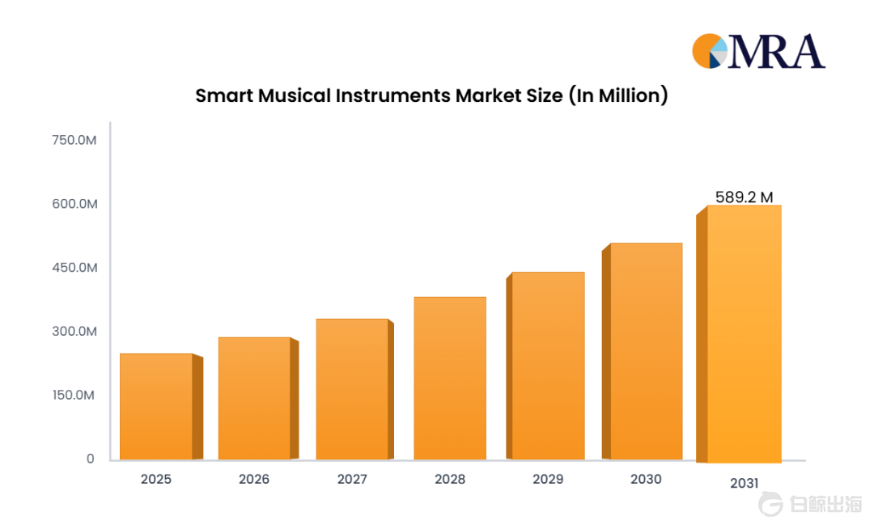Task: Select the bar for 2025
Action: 161,407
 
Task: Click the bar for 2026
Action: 258,398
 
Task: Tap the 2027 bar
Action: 354,389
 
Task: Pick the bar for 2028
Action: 450,378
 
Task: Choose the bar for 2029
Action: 545,366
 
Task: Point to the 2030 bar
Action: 642,351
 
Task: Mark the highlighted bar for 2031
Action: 739,334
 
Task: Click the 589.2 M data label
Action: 745,197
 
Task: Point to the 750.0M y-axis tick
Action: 74,140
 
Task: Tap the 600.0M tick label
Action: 74,204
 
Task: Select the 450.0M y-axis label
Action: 74,268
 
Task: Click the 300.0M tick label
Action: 74,332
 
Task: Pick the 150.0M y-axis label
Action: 73,396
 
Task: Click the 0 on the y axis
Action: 91,459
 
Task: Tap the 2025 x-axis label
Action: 156,480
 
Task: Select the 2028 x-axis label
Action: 450,480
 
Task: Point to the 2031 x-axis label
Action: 745,484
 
